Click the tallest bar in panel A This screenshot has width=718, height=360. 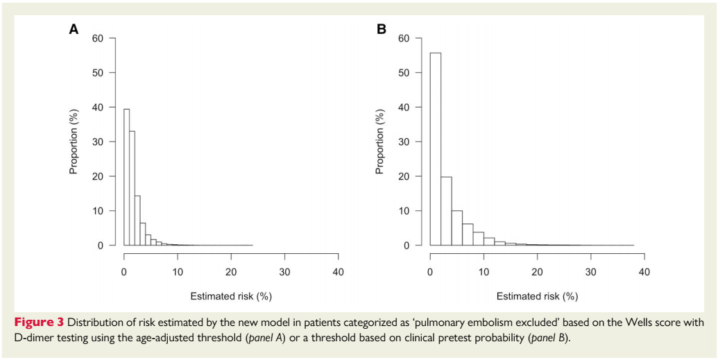(x=127, y=177)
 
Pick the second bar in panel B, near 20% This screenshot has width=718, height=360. (x=446, y=211)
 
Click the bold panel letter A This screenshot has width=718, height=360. (x=73, y=29)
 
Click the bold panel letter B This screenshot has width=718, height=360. (x=381, y=29)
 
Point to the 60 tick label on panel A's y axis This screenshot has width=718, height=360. (x=99, y=38)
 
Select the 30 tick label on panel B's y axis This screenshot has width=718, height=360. (x=405, y=142)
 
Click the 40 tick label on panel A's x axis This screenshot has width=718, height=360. (x=338, y=271)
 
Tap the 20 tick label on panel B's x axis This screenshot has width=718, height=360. (x=537, y=271)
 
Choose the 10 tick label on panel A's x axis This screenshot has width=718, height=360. (x=178, y=271)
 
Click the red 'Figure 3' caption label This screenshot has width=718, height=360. (x=40, y=323)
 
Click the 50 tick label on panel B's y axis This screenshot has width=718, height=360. (x=405, y=73)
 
